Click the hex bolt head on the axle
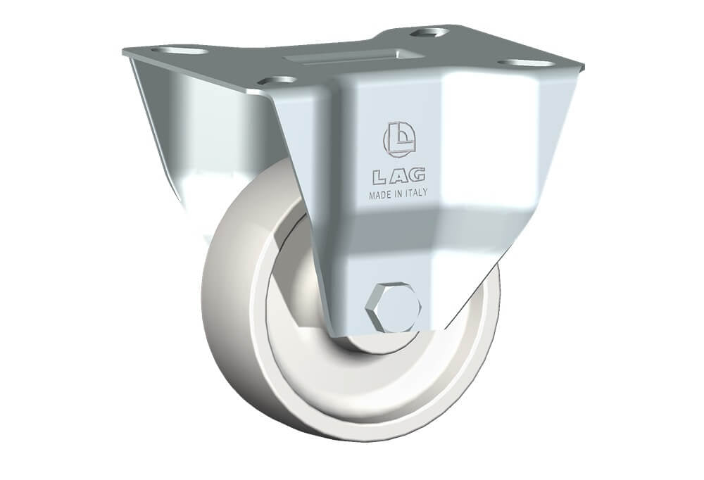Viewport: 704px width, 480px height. pos(395,308)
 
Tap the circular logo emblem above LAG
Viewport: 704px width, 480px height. pos(399,139)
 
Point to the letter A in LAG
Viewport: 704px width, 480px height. pos(397,177)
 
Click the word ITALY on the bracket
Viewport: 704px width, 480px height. pos(417,193)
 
